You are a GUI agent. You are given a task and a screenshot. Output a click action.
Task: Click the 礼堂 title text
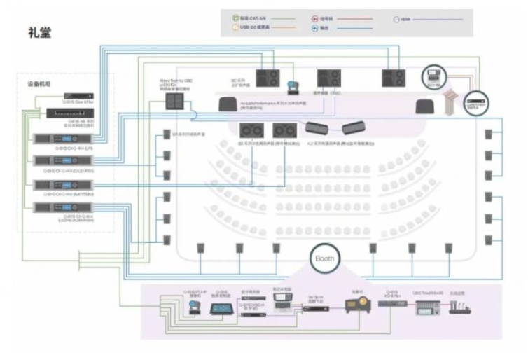(39, 32)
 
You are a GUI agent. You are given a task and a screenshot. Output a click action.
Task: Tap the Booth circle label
(327, 258)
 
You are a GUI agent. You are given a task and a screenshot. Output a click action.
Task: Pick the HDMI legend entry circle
(396, 19)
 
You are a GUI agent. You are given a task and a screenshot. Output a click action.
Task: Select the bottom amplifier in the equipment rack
(71, 207)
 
